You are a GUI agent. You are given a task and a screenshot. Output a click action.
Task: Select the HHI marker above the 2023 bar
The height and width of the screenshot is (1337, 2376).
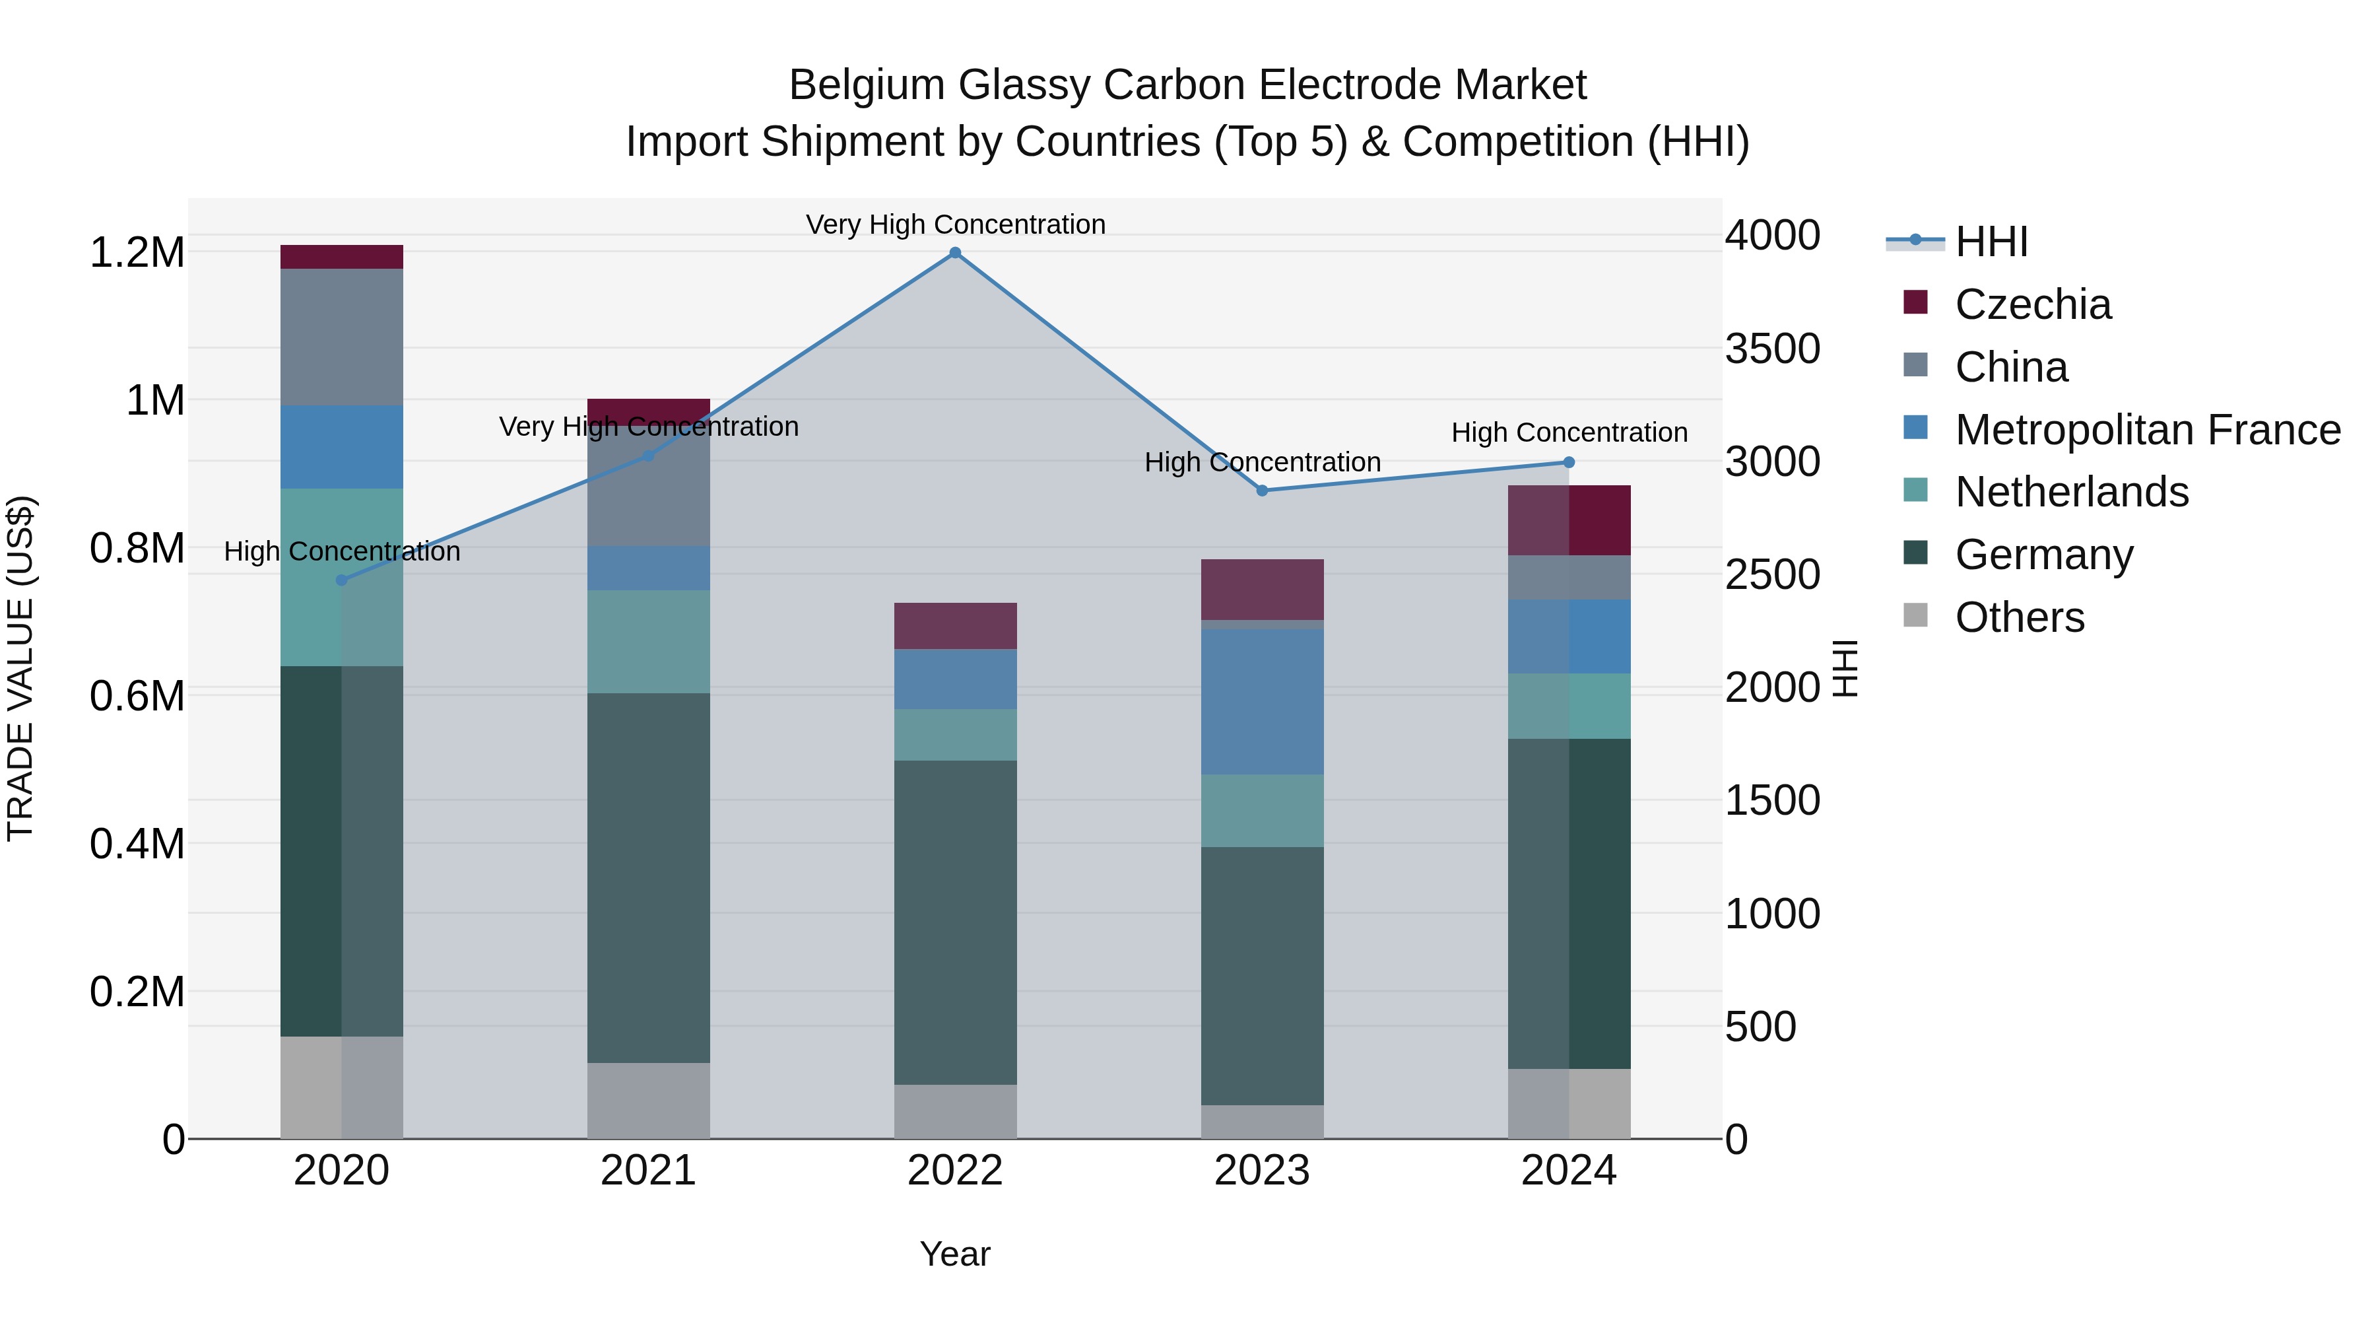[1262, 490]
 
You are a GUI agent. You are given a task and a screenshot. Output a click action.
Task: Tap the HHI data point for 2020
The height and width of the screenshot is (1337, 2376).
[341, 580]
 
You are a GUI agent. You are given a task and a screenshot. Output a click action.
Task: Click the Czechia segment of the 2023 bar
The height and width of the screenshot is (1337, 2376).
[1262, 589]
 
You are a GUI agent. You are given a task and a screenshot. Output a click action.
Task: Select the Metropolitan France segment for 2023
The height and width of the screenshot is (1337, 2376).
[1262, 701]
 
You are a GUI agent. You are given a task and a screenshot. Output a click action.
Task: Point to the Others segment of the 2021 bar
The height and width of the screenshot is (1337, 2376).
[648, 1100]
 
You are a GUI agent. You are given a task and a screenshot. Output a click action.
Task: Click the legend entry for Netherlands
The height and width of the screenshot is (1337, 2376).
[2070, 492]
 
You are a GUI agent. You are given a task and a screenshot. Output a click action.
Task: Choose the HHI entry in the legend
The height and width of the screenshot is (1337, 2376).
[1991, 242]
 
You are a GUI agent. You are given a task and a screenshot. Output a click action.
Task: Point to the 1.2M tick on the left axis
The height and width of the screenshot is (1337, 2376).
[137, 253]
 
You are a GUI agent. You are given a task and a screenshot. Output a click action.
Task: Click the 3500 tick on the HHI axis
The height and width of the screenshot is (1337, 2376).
[1772, 349]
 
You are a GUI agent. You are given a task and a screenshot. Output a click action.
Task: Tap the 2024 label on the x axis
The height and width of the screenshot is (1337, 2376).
[1568, 1171]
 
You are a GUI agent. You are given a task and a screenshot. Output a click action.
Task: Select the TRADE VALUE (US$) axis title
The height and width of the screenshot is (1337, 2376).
[20, 668]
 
